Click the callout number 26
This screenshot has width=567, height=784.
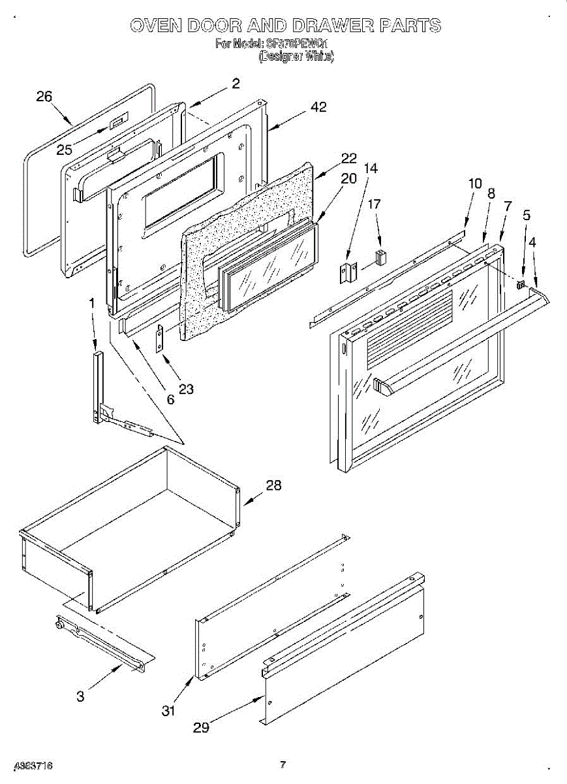44,97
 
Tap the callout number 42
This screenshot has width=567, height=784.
318,107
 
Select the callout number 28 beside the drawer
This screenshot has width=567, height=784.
273,485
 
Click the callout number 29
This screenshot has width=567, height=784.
201,727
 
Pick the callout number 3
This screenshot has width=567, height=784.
80,696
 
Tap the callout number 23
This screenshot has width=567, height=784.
186,389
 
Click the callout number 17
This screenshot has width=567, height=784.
374,204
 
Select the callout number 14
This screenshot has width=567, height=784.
370,168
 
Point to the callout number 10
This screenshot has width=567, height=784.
475,184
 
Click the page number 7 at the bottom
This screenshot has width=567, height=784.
283,764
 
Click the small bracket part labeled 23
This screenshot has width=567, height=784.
160,338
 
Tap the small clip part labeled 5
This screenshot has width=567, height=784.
521,284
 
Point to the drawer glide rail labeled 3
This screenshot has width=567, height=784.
104,644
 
